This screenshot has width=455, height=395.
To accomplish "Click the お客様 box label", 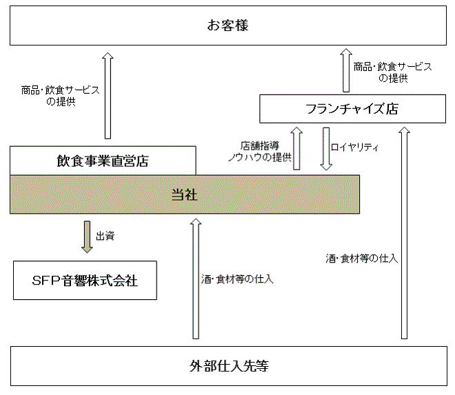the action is [x=228, y=26].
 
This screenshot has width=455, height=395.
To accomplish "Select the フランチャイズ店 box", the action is [x=352, y=109].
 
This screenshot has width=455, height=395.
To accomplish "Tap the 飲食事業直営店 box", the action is [x=103, y=161].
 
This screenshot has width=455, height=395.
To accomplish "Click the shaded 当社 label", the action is [x=185, y=194].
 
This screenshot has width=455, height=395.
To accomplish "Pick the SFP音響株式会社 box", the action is [x=85, y=281].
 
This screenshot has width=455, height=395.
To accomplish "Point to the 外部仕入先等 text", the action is [x=229, y=366].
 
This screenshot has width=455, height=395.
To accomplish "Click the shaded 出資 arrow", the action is [x=87, y=237].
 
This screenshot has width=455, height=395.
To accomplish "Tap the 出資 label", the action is [x=105, y=236].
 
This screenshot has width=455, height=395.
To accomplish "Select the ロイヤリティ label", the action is [x=354, y=147].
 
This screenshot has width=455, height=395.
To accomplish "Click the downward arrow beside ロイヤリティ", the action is [x=326, y=149].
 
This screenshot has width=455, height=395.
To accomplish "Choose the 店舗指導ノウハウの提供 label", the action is [x=260, y=152].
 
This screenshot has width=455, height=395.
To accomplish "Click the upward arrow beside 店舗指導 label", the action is [x=296, y=148].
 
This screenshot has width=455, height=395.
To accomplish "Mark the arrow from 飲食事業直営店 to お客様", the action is [x=108, y=96].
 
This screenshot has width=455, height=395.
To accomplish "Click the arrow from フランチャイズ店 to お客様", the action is [x=346, y=70].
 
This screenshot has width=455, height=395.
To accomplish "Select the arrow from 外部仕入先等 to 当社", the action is [x=196, y=278].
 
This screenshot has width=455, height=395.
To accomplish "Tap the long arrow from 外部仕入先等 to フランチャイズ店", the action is [x=404, y=233].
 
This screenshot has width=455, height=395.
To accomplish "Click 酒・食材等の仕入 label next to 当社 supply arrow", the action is [x=237, y=279].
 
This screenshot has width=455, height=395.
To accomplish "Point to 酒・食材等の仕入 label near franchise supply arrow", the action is [x=361, y=259].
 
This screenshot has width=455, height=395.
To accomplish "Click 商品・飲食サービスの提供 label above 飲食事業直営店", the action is [x=61, y=96].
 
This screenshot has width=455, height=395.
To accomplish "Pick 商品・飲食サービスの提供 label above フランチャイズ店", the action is [x=393, y=72].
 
